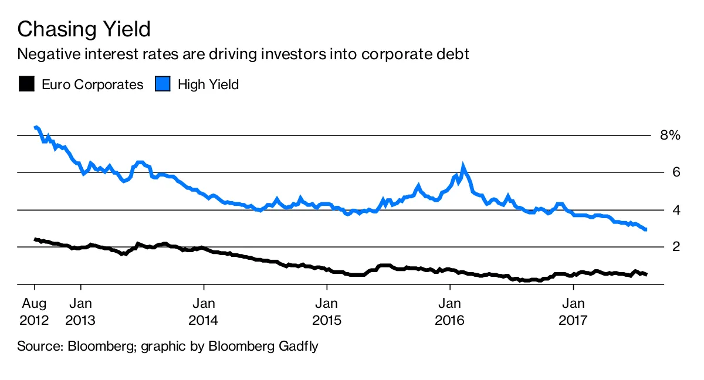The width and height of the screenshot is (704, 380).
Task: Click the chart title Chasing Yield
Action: tap(84, 29)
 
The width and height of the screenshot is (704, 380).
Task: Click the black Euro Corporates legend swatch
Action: tap(26, 84)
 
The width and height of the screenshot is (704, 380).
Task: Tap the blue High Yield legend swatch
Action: tap(162, 84)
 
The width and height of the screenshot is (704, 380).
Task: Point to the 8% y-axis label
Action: tap(669, 135)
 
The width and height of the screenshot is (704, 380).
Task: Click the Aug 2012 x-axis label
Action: tap(35, 313)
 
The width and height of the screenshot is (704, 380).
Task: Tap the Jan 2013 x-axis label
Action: tap(81, 313)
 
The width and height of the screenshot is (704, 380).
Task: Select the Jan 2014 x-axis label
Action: tap(204, 313)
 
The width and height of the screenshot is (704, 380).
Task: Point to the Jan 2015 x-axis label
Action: tap(326, 313)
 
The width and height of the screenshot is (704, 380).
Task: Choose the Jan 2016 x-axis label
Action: tap(449, 313)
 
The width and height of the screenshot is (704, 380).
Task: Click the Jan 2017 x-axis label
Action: tap(573, 313)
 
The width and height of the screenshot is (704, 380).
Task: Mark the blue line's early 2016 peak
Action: tap(463, 167)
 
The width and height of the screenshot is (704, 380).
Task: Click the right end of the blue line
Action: tap(645, 229)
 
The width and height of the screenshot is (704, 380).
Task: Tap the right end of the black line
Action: tap(645, 274)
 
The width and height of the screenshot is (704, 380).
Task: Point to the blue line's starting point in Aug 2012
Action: tap(35, 127)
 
